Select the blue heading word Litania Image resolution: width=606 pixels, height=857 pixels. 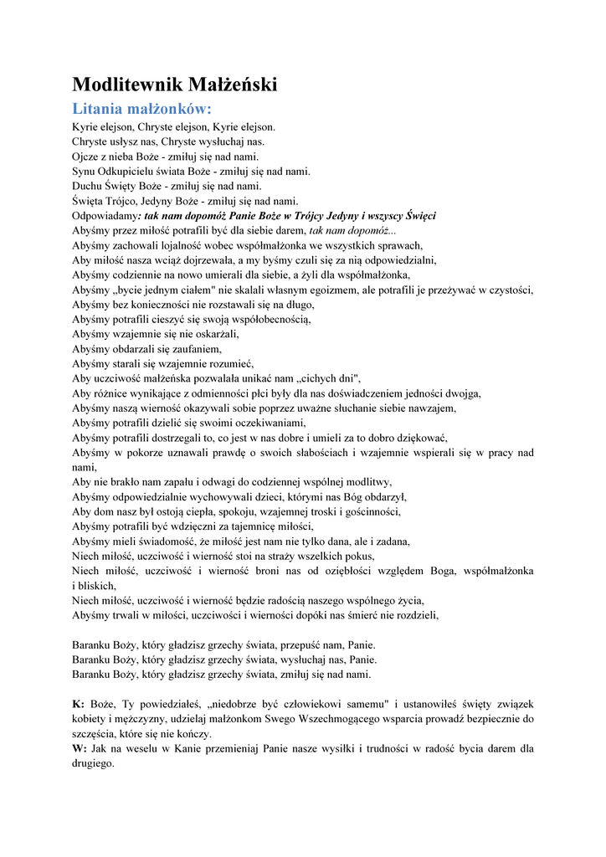pos(98,109)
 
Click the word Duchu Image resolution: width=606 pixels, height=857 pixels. pos(87,186)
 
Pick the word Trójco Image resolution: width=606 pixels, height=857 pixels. pos(120,201)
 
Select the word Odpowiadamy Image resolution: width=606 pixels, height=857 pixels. pos(105,216)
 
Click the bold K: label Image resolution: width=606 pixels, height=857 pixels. pos(79,704)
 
